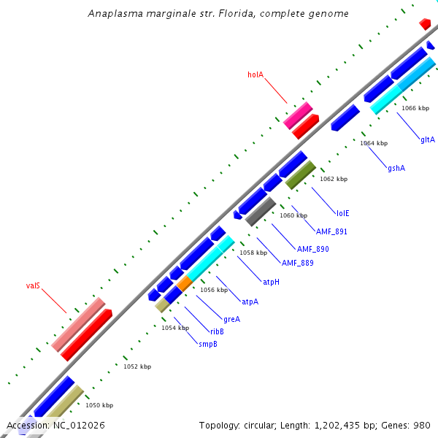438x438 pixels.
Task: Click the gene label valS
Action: click(33, 285)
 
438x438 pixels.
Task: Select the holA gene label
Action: click(255, 74)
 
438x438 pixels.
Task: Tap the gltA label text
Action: click(427, 139)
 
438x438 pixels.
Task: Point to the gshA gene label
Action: click(396, 169)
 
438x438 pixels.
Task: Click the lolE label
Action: click(342, 213)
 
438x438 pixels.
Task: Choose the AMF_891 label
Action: click(331, 231)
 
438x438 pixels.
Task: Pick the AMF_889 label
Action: click(297, 263)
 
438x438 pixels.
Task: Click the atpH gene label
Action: click(271, 282)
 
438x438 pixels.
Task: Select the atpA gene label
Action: click(250, 301)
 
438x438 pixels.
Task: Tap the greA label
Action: click(231, 319)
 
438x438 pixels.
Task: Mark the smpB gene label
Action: click(208, 343)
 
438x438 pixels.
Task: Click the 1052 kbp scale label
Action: click(137, 366)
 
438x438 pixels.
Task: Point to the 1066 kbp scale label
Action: click(415, 108)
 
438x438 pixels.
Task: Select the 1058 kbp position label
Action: click(253, 253)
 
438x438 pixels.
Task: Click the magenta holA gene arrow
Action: click(298, 115)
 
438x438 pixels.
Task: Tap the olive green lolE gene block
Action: click(300, 174)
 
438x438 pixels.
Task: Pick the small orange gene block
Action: click(185, 283)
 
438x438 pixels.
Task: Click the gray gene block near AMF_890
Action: click(261, 211)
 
